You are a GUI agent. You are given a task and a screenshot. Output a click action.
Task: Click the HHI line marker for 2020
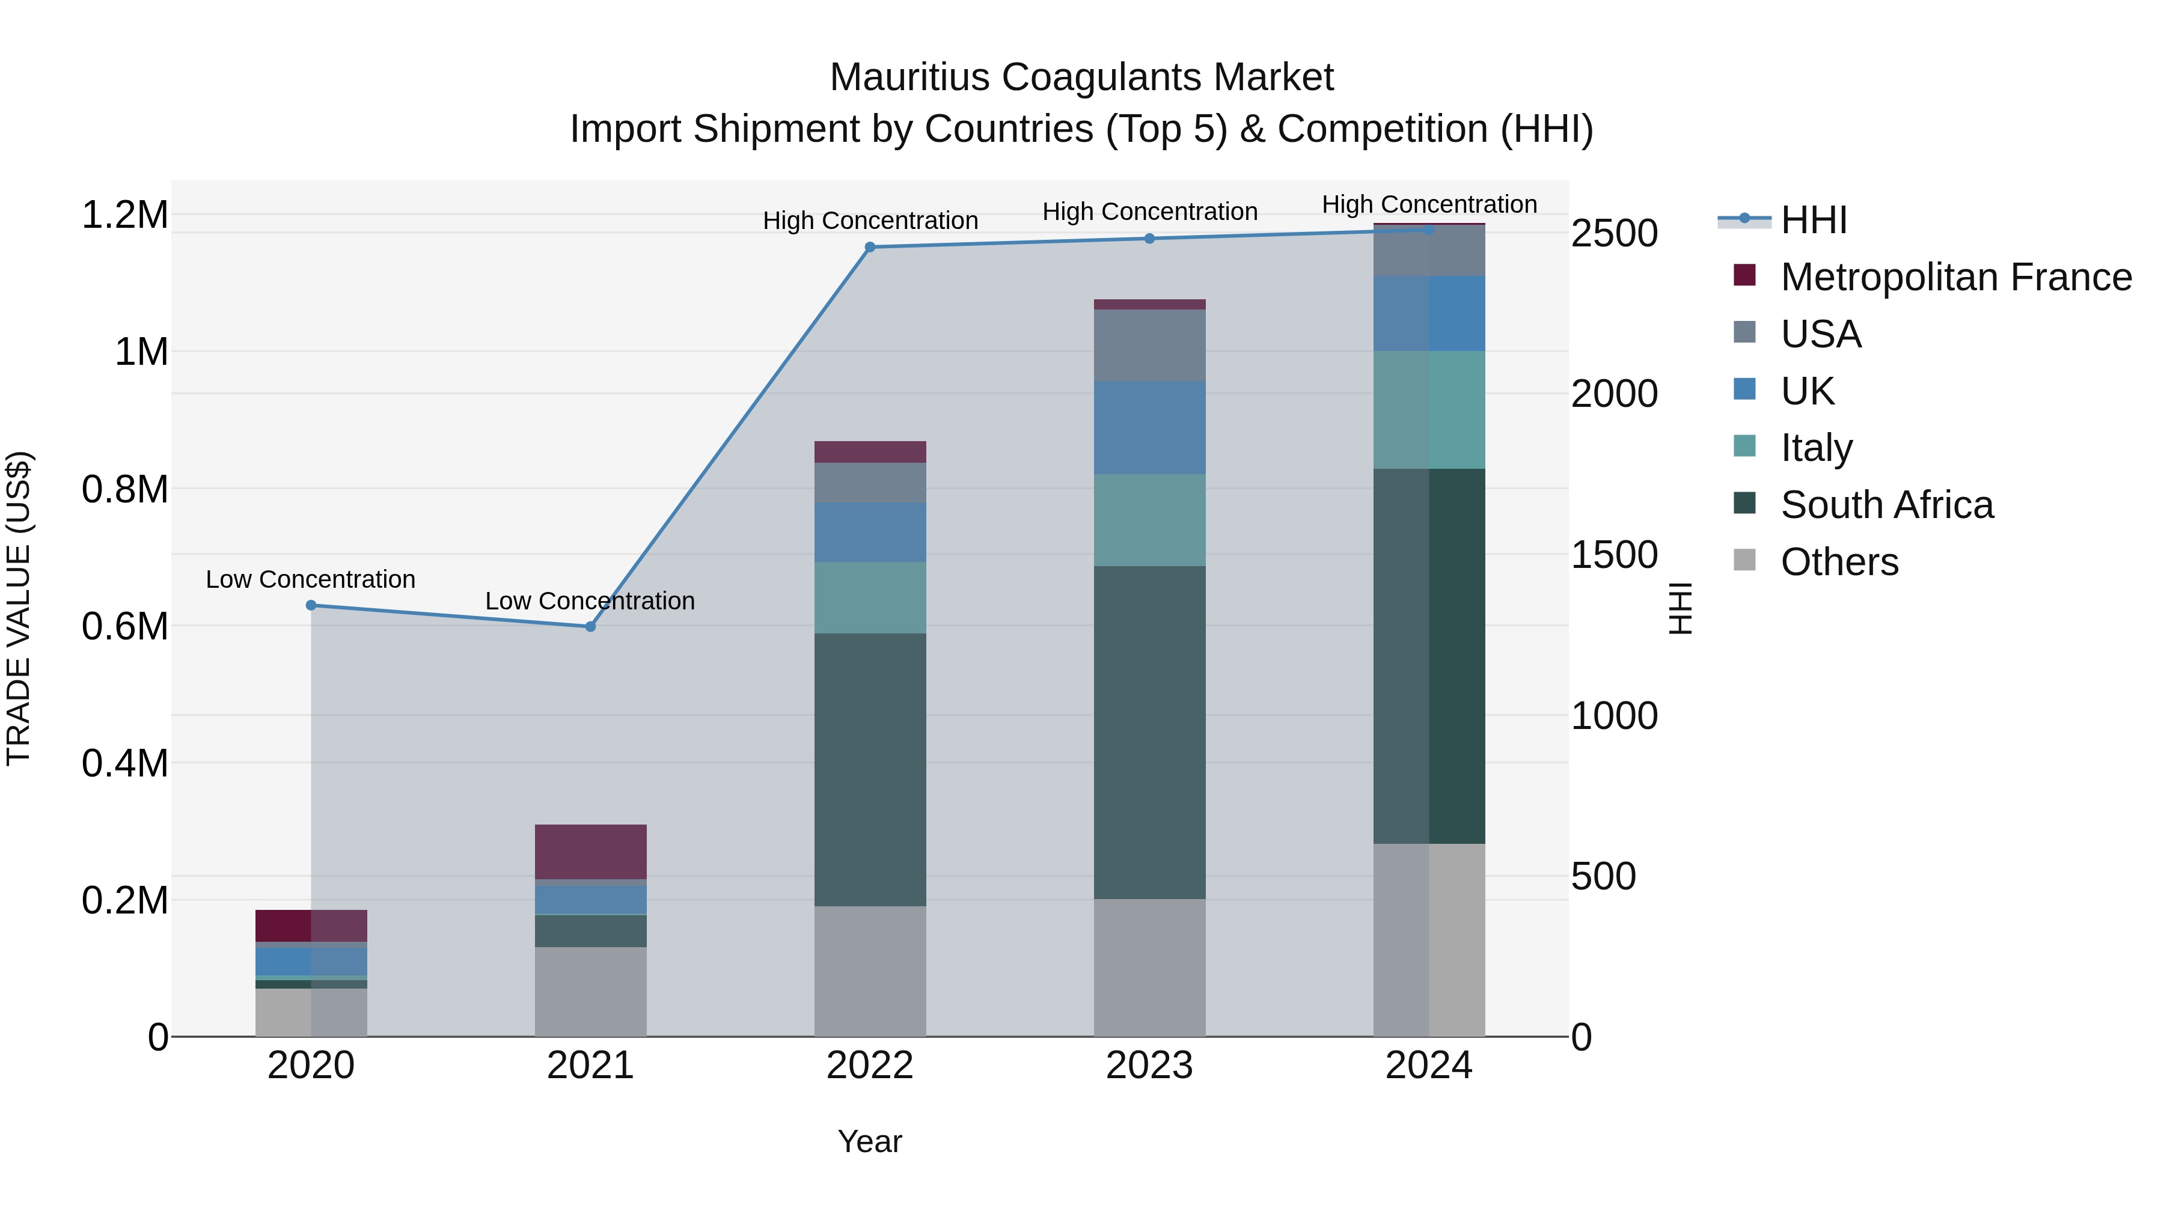click(311, 605)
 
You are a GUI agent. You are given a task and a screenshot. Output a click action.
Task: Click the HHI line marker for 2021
click(590, 627)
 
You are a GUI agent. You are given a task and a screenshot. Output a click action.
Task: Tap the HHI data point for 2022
click(870, 247)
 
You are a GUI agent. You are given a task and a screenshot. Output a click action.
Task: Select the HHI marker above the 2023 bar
click(1150, 239)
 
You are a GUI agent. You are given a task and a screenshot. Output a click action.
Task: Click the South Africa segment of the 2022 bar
click(870, 769)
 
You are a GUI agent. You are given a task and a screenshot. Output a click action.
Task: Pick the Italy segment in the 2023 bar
click(1150, 520)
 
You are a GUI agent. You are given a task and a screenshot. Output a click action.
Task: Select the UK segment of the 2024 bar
click(1429, 313)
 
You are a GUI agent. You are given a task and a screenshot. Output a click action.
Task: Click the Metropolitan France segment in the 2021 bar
click(590, 852)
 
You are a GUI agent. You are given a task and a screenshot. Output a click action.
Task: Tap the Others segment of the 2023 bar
click(1150, 968)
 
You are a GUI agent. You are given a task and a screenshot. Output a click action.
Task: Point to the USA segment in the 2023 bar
click(1150, 345)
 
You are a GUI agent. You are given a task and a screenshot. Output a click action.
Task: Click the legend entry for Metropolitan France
click(1955, 277)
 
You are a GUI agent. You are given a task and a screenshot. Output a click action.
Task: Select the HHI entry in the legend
click(1813, 220)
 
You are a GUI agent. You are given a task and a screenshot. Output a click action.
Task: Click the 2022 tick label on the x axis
click(870, 1066)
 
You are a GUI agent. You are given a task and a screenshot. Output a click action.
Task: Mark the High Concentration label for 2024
click(1429, 204)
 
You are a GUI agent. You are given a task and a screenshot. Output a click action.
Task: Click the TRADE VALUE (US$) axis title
click(19, 608)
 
